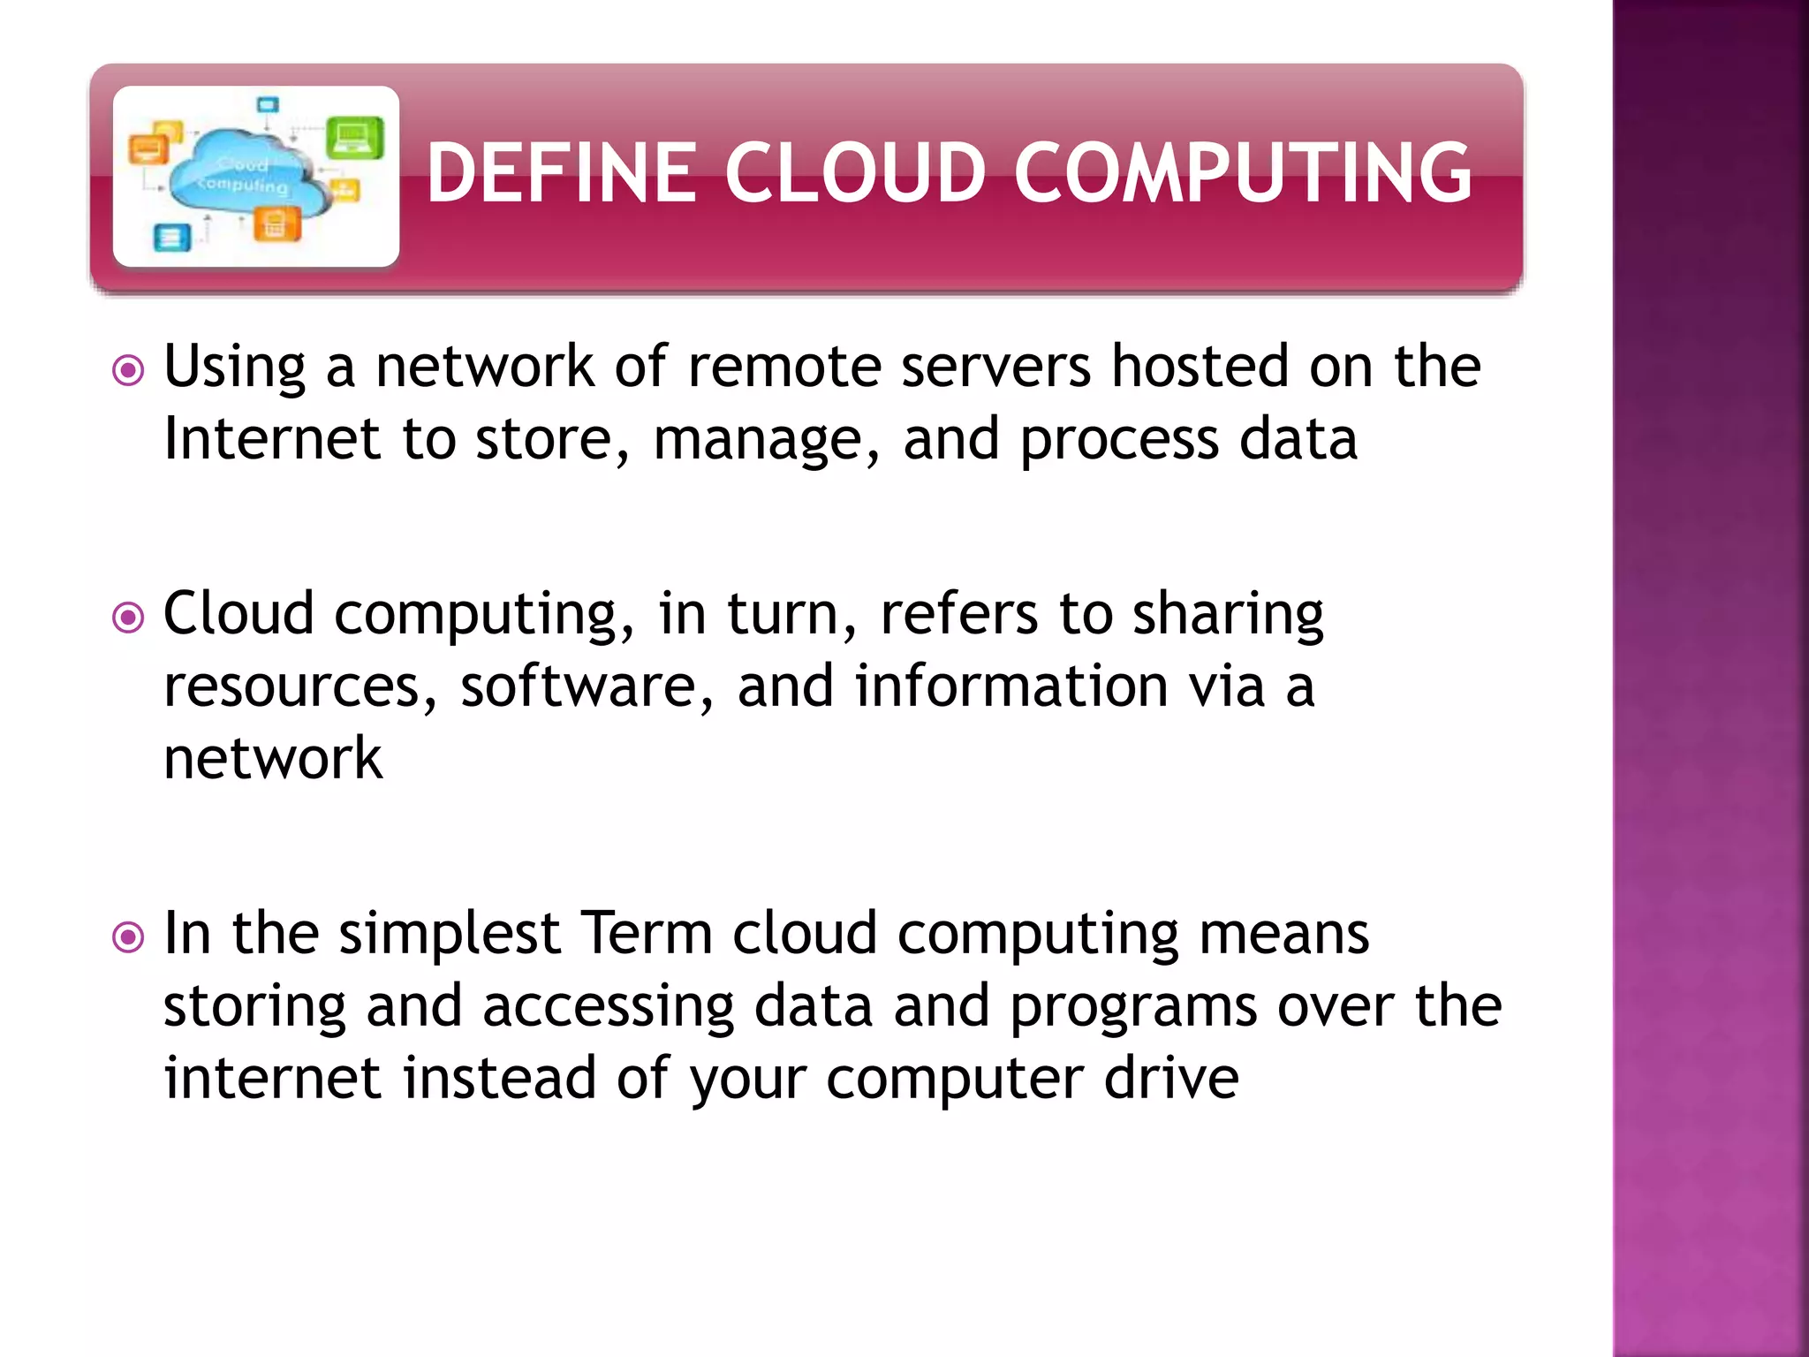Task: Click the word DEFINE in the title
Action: click(x=562, y=172)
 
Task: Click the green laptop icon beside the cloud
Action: click(x=354, y=138)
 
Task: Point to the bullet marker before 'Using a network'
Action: click(x=129, y=370)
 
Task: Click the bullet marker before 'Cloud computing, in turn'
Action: click(x=129, y=618)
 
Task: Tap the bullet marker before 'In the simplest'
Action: click(x=129, y=936)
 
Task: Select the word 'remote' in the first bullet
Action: click(x=784, y=367)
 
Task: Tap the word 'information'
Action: click(x=1011, y=686)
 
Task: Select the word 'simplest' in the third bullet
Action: click(x=450, y=935)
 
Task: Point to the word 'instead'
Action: click(x=499, y=1079)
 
